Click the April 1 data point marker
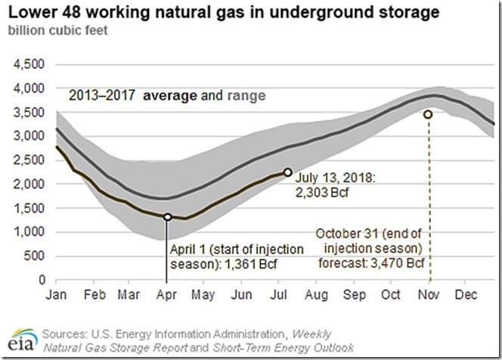168,217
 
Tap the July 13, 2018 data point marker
287,172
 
